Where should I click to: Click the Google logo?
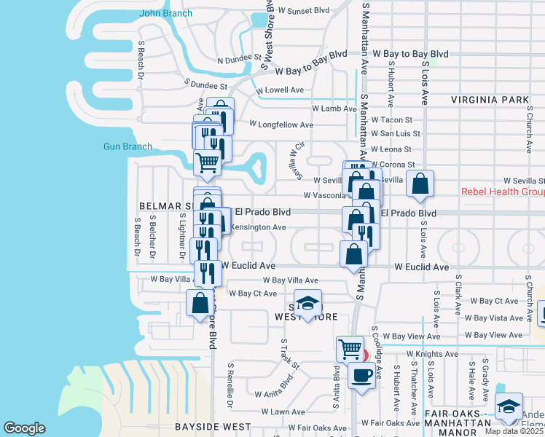(x=25, y=428)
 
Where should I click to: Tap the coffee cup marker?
(x=362, y=375)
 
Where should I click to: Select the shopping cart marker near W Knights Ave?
(x=350, y=349)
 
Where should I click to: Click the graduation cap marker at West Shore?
(x=308, y=302)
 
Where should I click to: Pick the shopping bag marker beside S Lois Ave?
(x=420, y=184)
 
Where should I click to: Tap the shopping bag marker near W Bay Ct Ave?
(x=200, y=302)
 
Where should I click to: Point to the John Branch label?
(x=166, y=13)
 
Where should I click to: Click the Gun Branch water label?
(x=128, y=146)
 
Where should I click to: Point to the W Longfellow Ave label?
(x=281, y=125)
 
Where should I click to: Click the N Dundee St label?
(x=239, y=57)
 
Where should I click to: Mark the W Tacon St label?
(x=391, y=119)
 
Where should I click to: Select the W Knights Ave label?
(x=432, y=353)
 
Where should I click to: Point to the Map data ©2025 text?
(x=514, y=431)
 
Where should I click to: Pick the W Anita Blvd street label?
(x=273, y=394)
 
